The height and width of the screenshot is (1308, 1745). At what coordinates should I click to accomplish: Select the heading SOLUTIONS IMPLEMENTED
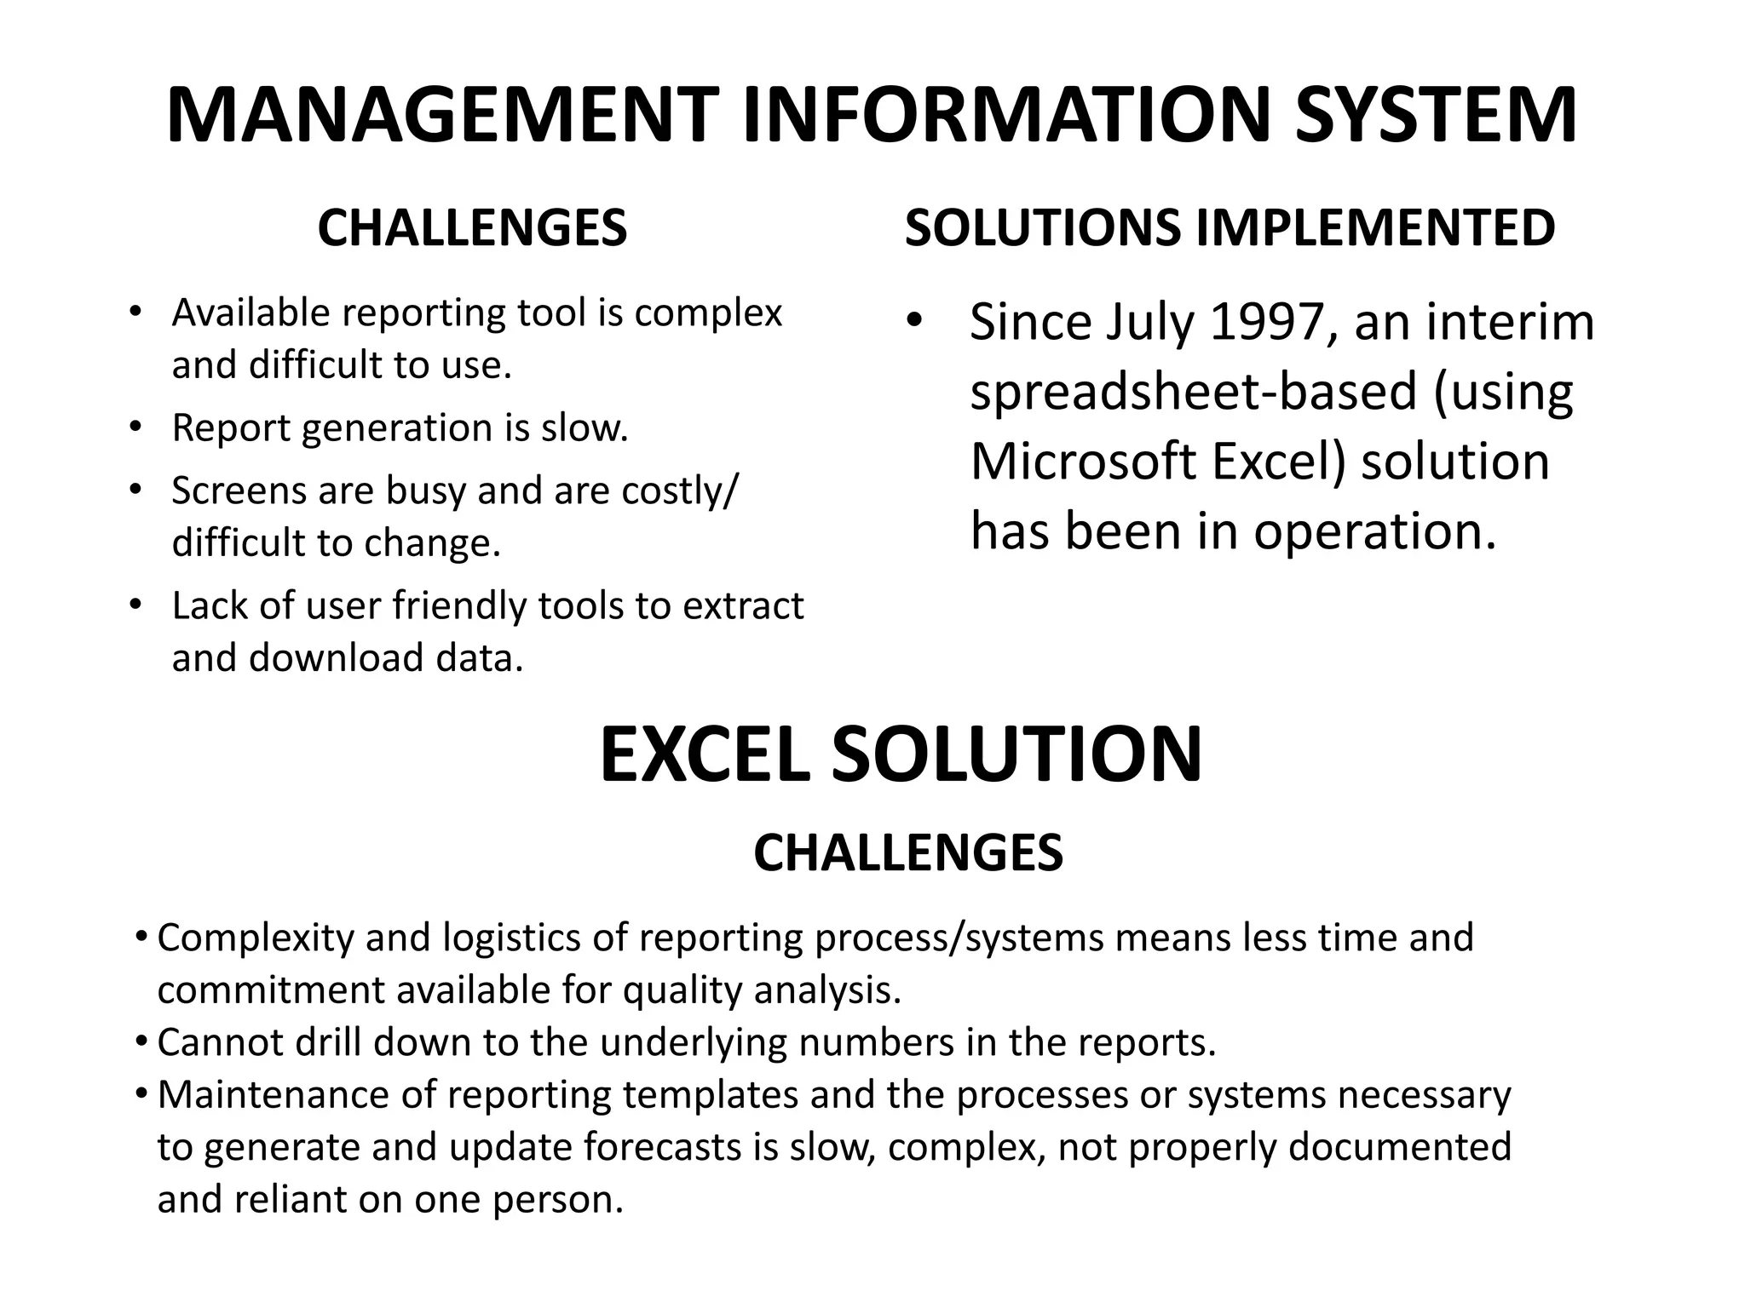pyautogui.click(x=1230, y=228)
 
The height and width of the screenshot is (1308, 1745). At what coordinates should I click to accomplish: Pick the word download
pyautogui.click(x=336, y=658)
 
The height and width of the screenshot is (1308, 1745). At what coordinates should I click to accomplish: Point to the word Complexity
pyautogui.click(x=255, y=938)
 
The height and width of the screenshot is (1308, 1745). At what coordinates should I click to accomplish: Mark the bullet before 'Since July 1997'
pyautogui.click(x=914, y=323)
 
